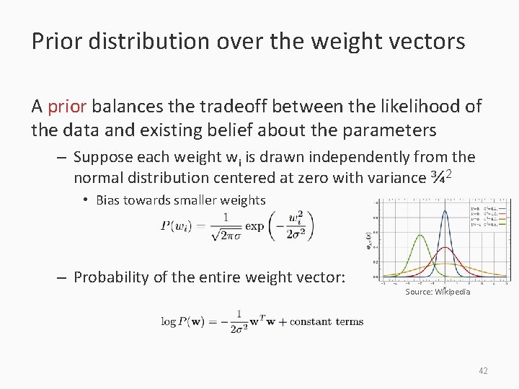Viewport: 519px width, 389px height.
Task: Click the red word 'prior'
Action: (x=67, y=107)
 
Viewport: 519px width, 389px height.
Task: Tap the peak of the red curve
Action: (x=445, y=247)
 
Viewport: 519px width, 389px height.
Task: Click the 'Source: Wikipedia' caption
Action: (x=438, y=292)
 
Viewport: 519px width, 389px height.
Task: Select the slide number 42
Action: (x=483, y=370)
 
